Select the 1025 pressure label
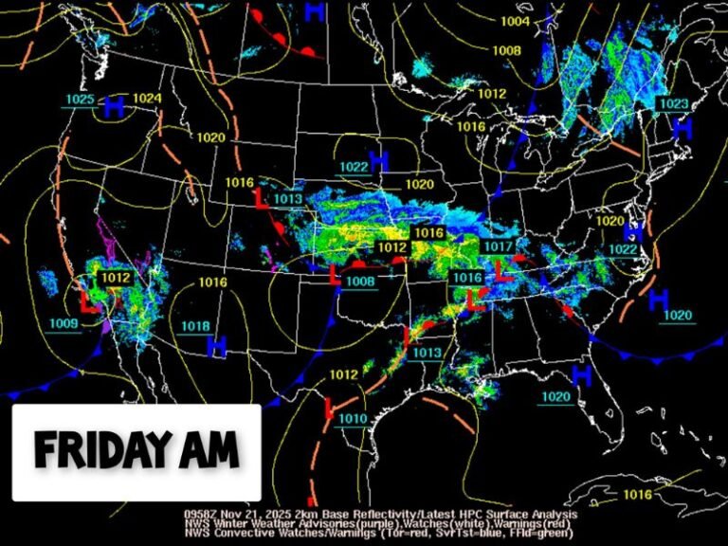tap(80, 100)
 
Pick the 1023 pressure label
tap(673, 103)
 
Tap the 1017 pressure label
tap(498, 246)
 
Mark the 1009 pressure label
tap(64, 323)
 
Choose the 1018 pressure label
tap(195, 326)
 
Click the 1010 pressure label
tap(352, 419)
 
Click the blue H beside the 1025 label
tap(115, 106)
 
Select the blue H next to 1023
tap(681, 128)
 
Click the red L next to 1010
tap(329, 410)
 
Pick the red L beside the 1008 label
tap(335, 275)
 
